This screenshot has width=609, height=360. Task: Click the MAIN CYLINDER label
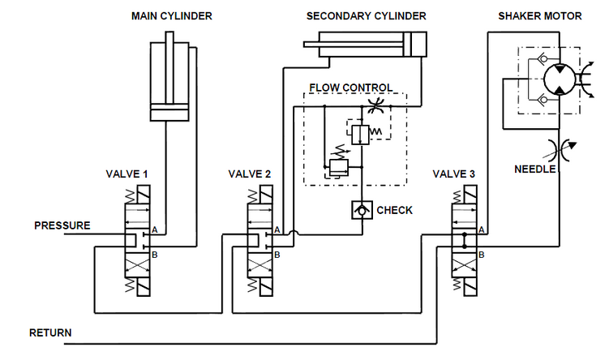pos(171,15)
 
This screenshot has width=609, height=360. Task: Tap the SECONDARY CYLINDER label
pos(366,15)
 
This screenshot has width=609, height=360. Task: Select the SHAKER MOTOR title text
pos(538,15)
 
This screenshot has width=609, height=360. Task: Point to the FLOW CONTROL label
pos(351,88)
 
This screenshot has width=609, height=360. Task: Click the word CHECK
pos(395,210)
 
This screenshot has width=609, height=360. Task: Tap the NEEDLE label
pos(535,169)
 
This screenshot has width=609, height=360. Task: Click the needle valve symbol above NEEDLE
pos(560,149)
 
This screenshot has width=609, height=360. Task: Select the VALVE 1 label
pos(127,174)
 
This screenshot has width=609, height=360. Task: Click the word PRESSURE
pos(62,225)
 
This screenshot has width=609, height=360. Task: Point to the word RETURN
pos(50,332)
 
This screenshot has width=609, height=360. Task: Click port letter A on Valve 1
pos(153,230)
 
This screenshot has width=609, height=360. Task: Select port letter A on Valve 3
pos(482,230)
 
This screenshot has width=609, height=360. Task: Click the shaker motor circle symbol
pos(557,80)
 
